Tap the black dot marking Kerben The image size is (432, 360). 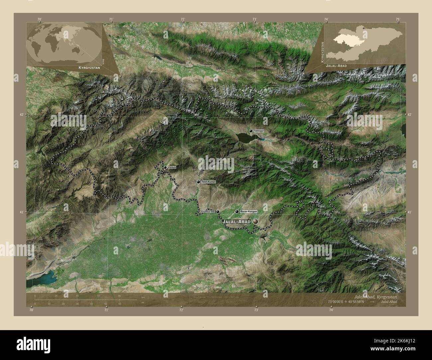[x=165, y=167]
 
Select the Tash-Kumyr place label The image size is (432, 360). [x=209, y=182]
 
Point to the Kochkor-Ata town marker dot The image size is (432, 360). [x=218, y=211]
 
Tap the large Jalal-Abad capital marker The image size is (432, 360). [x=255, y=221]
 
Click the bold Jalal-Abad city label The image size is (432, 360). [x=236, y=222]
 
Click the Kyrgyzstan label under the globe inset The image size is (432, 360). [x=89, y=67]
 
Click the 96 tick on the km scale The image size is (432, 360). [x=119, y=296]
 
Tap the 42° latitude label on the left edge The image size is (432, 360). [x=22, y=115]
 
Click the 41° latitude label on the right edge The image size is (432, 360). [x=409, y=212]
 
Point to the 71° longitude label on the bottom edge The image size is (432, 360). [x=106, y=310]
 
